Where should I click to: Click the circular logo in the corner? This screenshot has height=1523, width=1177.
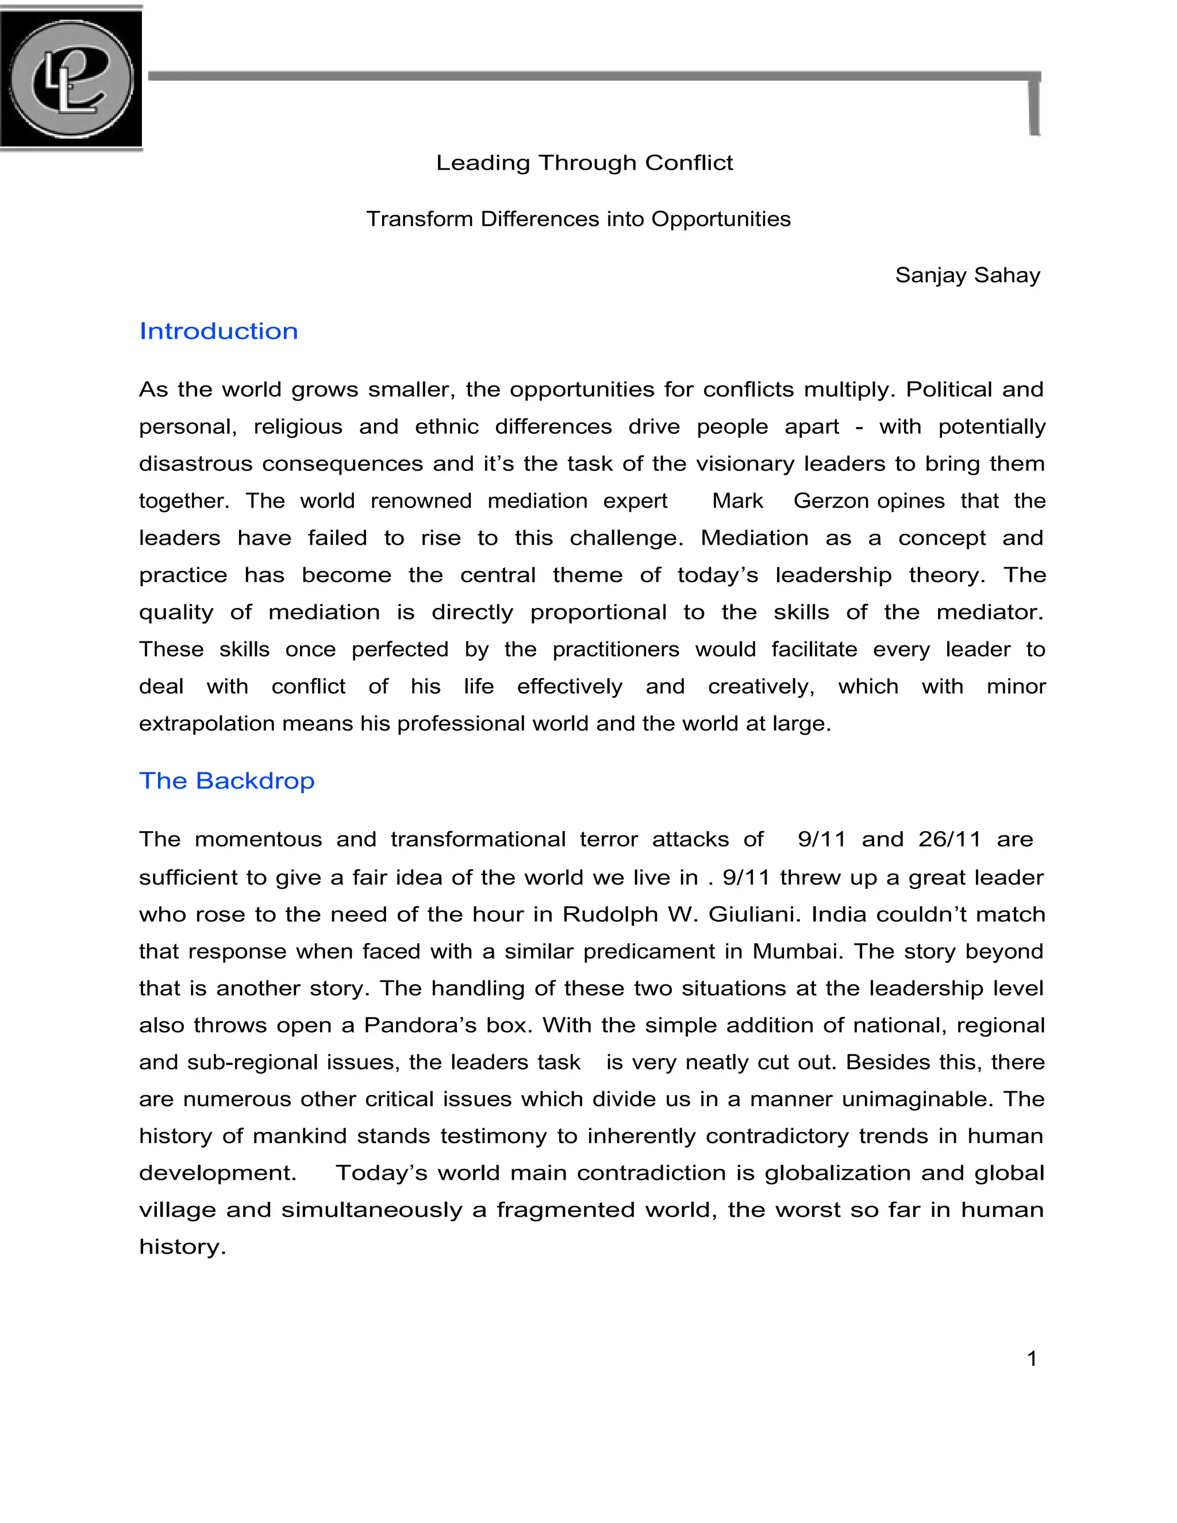71,78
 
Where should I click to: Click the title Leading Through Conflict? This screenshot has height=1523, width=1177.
584,163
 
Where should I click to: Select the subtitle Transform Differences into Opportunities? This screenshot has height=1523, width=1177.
578,219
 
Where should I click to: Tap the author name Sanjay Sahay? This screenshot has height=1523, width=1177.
967,275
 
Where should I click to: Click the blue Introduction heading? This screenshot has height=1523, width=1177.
218,330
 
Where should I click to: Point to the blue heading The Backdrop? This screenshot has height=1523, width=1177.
226,780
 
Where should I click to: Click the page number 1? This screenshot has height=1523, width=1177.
1032,1359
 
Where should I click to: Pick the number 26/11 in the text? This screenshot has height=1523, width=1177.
949,839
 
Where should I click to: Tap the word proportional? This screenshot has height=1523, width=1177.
598,612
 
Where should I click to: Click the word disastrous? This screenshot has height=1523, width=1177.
196,464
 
